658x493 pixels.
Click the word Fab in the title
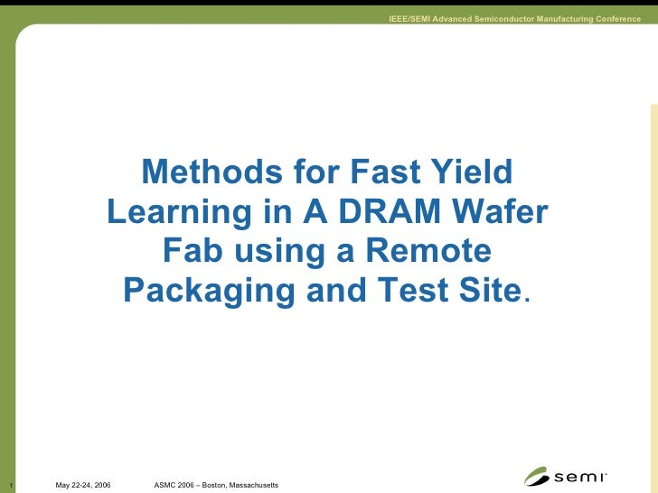[193, 251]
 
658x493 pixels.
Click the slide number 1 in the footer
[5, 486]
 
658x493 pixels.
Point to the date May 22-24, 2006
[83, 486]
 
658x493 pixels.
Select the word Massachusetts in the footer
[256, 486]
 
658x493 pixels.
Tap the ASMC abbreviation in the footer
[166, 486]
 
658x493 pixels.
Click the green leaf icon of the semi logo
[537, 477]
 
